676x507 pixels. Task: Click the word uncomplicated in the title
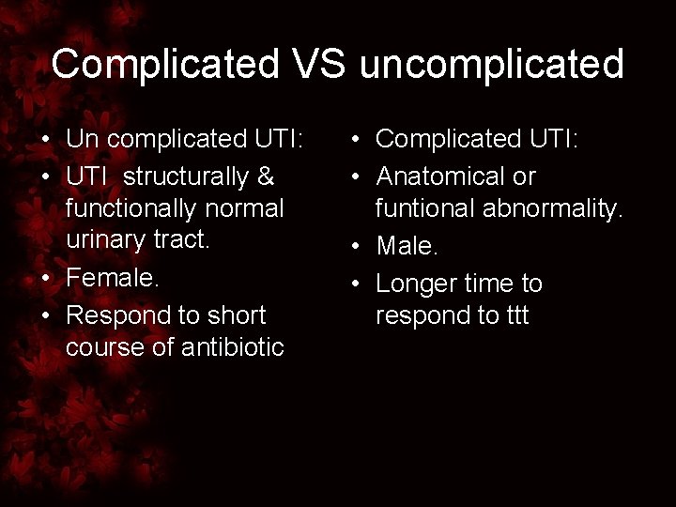tap(491, 65)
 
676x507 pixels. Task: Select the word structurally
tap(185, 177)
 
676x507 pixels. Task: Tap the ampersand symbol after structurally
tap(264, 177)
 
